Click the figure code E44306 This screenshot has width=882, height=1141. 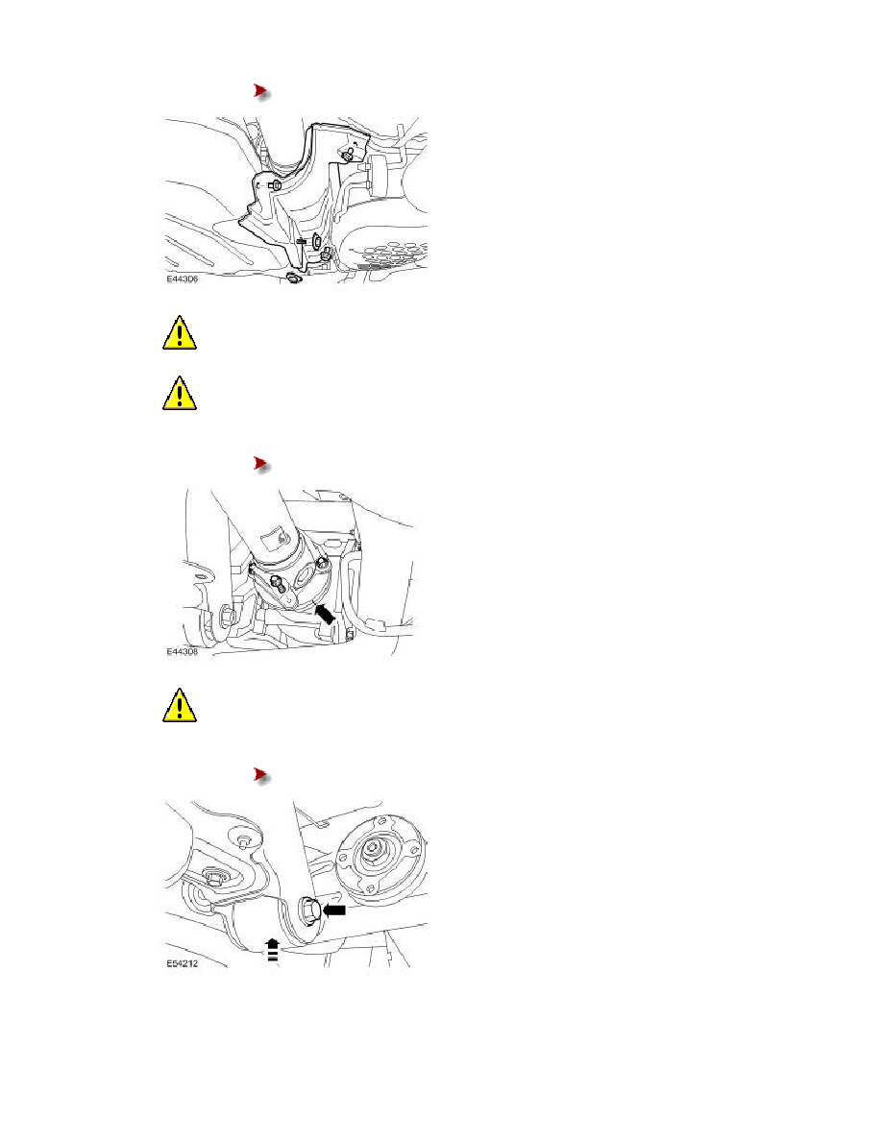pos(182,279)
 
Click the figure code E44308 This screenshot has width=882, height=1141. pos(182,651)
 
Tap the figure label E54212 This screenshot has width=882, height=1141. pos(182,963)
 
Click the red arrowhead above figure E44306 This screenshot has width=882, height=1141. pos(261,91)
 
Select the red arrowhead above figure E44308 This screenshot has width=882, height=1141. pos(261,464)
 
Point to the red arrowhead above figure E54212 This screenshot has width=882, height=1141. pos(261,775)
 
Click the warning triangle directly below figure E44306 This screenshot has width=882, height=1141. pos(179,333)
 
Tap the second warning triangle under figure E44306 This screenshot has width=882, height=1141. pos(179,394)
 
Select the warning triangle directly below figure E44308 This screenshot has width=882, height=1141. pos(179,705)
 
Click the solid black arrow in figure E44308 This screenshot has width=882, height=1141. pos(325,613)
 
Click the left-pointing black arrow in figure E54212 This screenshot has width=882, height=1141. pos(334,910)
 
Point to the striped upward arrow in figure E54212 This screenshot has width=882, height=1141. pos(272,950)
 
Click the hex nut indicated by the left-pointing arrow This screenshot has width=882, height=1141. pos(308,910)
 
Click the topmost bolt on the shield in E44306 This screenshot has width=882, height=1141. pos(349,155)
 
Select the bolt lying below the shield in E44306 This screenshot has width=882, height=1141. pos(293,278)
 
